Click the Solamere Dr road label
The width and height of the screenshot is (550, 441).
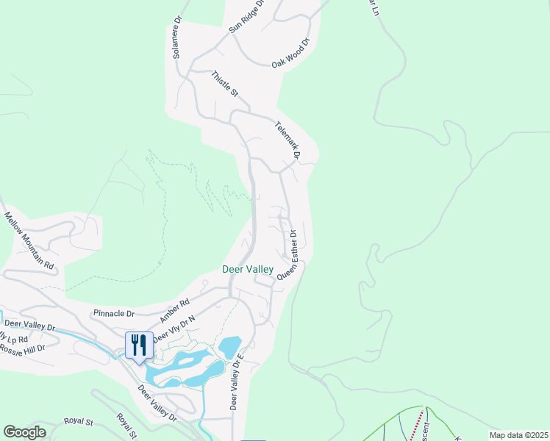(176, 37)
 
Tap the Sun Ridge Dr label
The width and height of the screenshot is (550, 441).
(246, 16)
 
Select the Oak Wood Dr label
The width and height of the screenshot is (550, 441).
(292, 53)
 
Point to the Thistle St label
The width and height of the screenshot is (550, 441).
(225, 84)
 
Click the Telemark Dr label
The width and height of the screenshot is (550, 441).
(288, 140)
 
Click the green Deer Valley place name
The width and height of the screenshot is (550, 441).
(248, 270)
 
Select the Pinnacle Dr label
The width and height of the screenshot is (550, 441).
(113, 313)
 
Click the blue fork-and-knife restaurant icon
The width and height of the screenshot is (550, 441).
(139, 345)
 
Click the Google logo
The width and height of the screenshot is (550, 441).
(24, 432)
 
